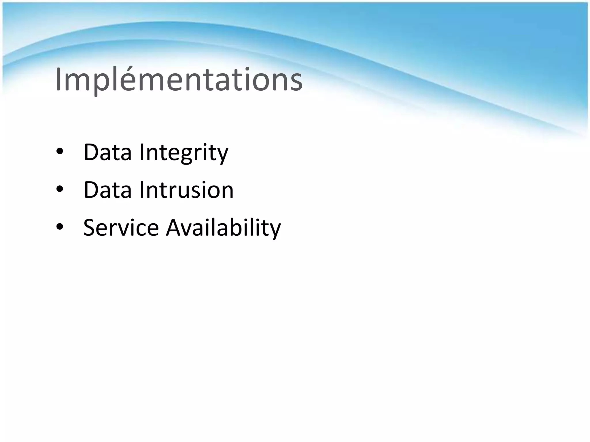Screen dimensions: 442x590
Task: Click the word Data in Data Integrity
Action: tap(107, 152)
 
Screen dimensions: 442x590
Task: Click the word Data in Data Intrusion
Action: tap(107, 190)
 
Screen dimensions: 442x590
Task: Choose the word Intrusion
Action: tap(186, 190)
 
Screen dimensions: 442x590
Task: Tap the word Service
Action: tap(121, 228)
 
